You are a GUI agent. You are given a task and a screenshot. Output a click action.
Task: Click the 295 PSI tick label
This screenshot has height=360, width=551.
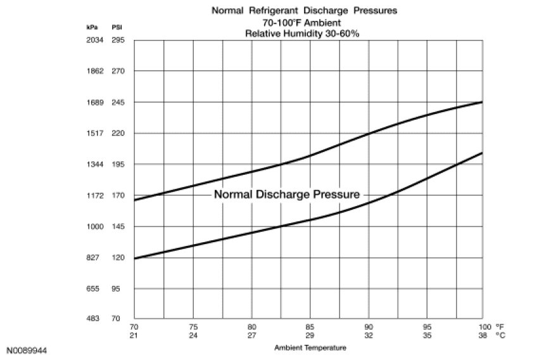click(x=118, y=40)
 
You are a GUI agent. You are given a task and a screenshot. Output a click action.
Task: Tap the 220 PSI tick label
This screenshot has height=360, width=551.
click(x=118, y=133)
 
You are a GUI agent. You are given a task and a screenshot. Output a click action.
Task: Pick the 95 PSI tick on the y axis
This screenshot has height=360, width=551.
click(x=117, y=288)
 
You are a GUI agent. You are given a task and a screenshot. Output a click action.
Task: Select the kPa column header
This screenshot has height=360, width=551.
click(x=92, y=27)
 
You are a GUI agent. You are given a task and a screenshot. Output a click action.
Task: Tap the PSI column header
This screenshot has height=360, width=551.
click(x=117, y=27)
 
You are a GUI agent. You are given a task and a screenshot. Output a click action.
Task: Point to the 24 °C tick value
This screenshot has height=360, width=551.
click(x=193, y=335)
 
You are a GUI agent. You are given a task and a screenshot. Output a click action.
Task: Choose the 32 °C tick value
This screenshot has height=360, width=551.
click(x=369, y=335)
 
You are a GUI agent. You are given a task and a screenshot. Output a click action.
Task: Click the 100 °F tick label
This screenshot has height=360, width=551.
click(x=484, y=328)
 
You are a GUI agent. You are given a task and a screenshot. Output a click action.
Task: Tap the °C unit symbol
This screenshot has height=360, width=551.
click(x=500, y=335)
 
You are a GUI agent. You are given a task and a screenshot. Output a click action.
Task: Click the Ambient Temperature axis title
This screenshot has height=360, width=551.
click(x=310, y=348)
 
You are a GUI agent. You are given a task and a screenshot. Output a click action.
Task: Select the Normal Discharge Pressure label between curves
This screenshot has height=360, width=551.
click(x=287, y=195)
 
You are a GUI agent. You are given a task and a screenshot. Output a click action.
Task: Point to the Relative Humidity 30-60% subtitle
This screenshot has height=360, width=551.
click(x=302, y=32)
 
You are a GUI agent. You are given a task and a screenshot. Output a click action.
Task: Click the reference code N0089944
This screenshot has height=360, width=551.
click(x=27, y=349)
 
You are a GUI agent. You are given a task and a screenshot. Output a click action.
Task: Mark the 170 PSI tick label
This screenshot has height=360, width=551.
click(x=118, y=195)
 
